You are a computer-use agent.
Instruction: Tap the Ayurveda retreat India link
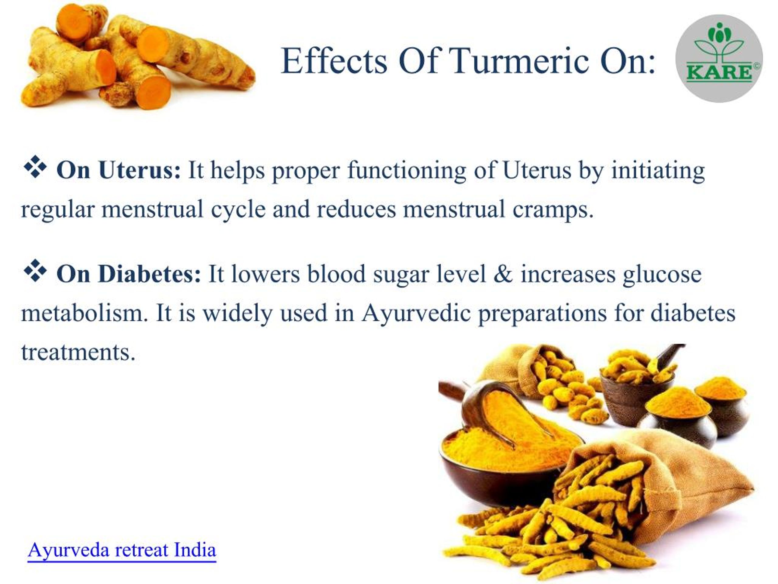point(122,550)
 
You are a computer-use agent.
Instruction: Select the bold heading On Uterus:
point(119,170)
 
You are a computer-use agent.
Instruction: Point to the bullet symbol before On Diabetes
point(35,270)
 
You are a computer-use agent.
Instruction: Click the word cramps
point(553,209)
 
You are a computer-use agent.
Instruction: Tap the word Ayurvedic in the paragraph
point(416,313)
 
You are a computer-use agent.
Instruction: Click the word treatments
point(78,352)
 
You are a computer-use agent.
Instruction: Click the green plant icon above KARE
point(719,44)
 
